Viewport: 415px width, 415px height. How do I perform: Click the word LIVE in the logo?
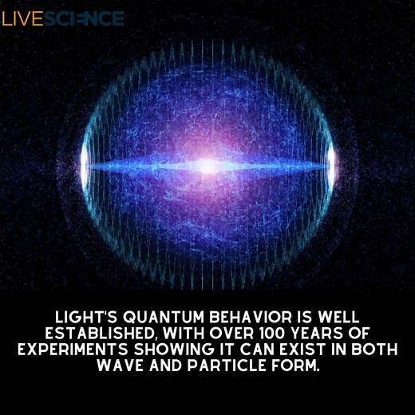click(x=22, y=18)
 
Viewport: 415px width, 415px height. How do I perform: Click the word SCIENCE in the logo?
click(x=85, y=18)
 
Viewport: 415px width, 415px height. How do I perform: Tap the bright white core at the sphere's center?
click(x=207, y=165)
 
